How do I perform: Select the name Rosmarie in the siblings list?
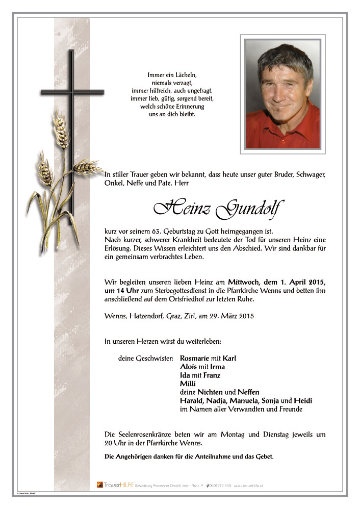[196, 358]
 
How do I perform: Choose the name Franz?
[212, 375]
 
